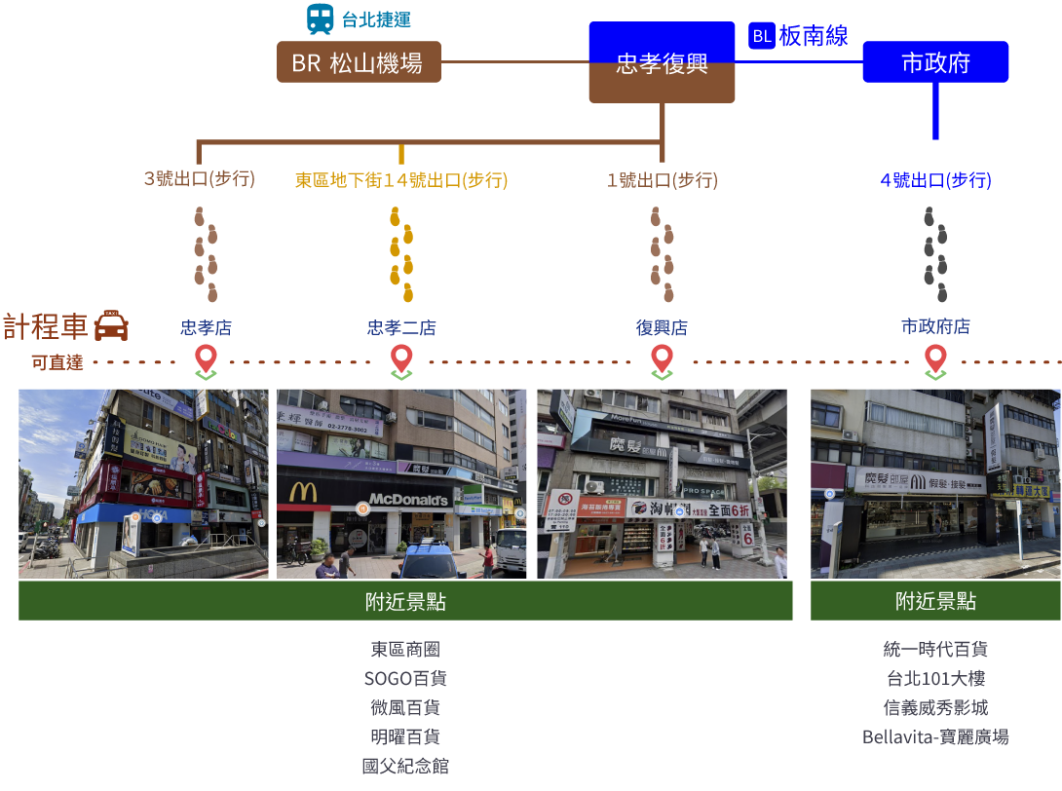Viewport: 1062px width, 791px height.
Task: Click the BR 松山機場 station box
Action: [x=359, y=62]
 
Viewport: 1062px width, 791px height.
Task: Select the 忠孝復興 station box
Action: [x=662, y=63]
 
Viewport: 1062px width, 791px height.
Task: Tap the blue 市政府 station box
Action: [x=935, y=62]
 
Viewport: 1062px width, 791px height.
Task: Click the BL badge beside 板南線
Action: [x=761, y=36]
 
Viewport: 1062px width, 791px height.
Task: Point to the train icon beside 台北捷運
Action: [x=320, y=19]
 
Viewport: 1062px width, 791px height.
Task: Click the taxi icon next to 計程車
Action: [x=111, y=325]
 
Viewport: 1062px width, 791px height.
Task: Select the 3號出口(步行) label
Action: [x=199, y=179]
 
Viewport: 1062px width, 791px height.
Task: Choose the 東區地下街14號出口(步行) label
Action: [x=401, y=180]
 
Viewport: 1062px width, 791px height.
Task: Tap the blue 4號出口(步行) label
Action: [x=935, y=180]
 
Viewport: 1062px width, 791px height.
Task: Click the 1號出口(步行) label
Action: [x=662, y=180]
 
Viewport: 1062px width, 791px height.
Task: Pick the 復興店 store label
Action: [x=662, y=328]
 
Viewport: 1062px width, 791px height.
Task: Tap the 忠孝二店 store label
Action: [x=401, y=328]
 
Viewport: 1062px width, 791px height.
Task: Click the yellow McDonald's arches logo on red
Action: [x=303, y=493]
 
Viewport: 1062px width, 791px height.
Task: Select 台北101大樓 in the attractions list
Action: [x=935, y=678]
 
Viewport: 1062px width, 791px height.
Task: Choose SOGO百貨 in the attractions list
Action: [x=405, y=678]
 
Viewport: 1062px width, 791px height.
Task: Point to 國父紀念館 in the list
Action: [x=405, y=766]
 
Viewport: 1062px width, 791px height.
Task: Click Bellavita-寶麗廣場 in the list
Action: [x=935, y=736]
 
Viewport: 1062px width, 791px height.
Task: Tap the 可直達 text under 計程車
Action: [x=57, y=362]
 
